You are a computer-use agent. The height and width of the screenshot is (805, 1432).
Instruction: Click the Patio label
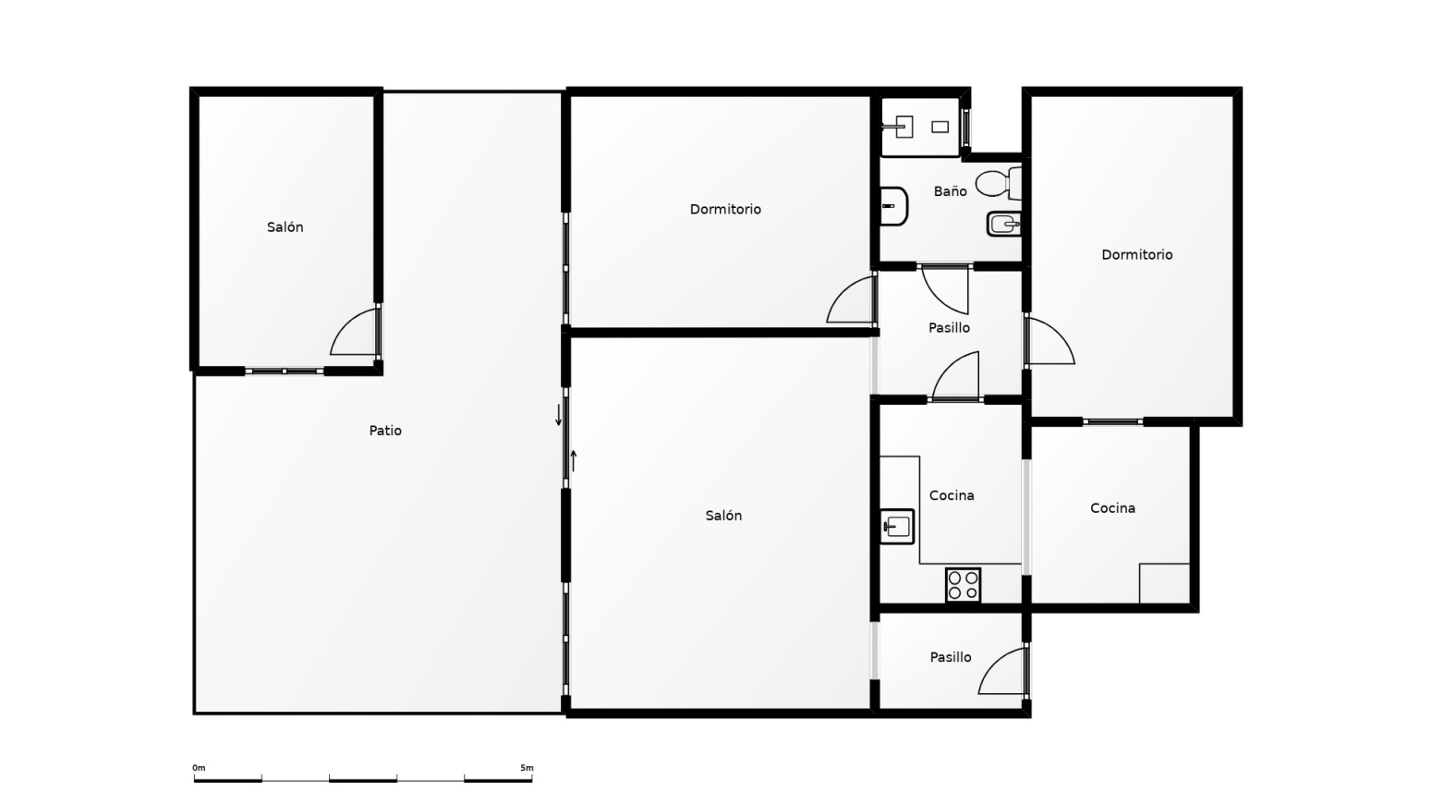385,431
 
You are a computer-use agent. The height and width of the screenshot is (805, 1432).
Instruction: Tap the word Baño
950,191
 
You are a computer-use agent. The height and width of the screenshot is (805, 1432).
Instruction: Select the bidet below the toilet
1003,224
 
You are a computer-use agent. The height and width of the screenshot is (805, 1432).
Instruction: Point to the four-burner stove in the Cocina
963,585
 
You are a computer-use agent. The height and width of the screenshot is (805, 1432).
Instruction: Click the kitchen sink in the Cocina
897,527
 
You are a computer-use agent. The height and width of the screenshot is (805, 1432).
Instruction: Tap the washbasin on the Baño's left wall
893,206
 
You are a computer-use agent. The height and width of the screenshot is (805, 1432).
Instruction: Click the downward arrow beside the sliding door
558,415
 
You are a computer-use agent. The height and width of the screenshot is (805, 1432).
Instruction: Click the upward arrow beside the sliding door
574,460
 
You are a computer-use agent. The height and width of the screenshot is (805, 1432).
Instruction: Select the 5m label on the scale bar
527,768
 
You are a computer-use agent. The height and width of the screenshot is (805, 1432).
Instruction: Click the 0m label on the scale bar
199,768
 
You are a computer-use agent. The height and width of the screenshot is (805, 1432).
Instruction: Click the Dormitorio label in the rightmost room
1136,255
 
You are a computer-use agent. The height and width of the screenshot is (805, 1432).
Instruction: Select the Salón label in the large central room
723,516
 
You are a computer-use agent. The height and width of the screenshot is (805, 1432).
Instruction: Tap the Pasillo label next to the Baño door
949,328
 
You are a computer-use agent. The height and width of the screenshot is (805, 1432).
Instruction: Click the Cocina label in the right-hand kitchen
1112,508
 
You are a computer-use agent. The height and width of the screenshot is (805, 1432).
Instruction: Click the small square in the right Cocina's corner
1164,583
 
